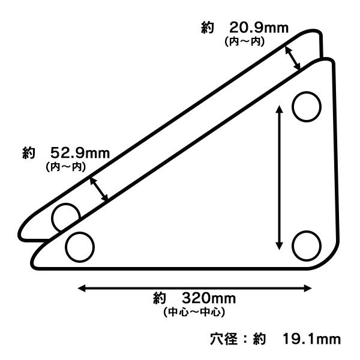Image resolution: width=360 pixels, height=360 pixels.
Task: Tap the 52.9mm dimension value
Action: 80,153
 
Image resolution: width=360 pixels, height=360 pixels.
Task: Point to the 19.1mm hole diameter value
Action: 311,339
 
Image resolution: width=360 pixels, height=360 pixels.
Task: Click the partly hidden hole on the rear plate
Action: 64,216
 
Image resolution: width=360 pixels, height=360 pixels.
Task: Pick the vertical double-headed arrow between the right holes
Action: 278,176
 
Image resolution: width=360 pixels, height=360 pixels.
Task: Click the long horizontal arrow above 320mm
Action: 196,288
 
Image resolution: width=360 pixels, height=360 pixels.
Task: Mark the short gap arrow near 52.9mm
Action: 98,188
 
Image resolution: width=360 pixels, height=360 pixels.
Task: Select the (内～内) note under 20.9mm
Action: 245,41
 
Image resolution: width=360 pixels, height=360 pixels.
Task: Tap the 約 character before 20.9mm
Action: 208,28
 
